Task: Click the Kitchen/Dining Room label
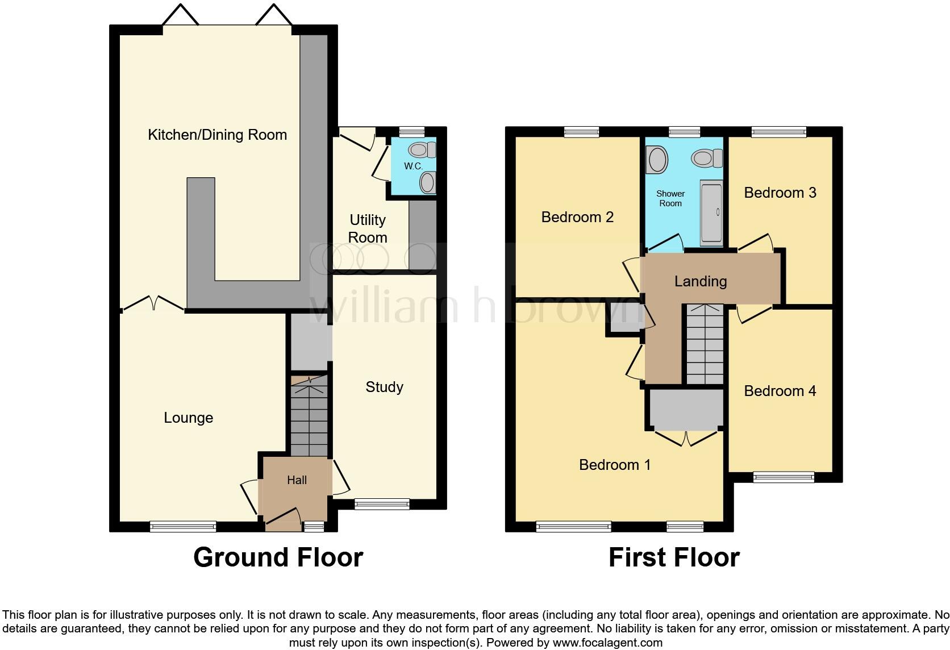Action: [217, 135]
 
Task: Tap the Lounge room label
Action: [188, 418]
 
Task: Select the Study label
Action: [384, 387]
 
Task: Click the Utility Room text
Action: [368, 228]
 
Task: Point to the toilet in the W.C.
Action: [422, 150]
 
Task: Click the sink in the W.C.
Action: [427, 182]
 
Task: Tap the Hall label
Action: [297, 480]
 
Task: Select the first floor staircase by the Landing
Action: [705, 344]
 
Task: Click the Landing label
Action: [700, 281]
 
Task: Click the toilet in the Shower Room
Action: [707, 158]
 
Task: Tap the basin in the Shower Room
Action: [657, 160]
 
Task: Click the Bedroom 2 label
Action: [577, 217]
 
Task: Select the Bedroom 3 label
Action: [780, 193]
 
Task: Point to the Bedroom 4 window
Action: [784, 477]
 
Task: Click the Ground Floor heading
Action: [278, 557]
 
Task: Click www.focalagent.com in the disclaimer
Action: [607, 643]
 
